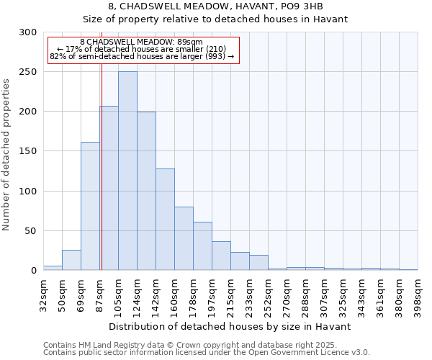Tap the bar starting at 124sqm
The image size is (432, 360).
tap(146, 191)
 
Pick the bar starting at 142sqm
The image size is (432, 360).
tap(165, 219)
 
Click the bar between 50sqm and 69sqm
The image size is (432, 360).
tap(71, 260)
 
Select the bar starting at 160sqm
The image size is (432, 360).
tap(184, 238)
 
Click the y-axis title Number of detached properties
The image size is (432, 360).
tap(7, 155)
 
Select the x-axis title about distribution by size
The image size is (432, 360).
tap(230, 326)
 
